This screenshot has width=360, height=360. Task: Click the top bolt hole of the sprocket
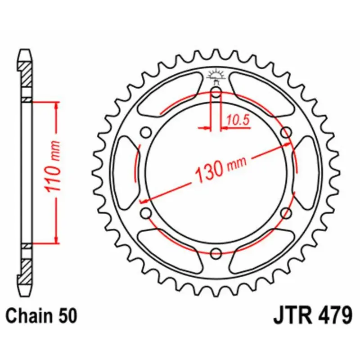(216, 94)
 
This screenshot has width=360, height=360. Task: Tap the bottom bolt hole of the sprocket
(216, 252)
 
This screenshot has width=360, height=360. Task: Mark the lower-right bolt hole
(285, 212)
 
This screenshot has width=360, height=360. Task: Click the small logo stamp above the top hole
(216, 76)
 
